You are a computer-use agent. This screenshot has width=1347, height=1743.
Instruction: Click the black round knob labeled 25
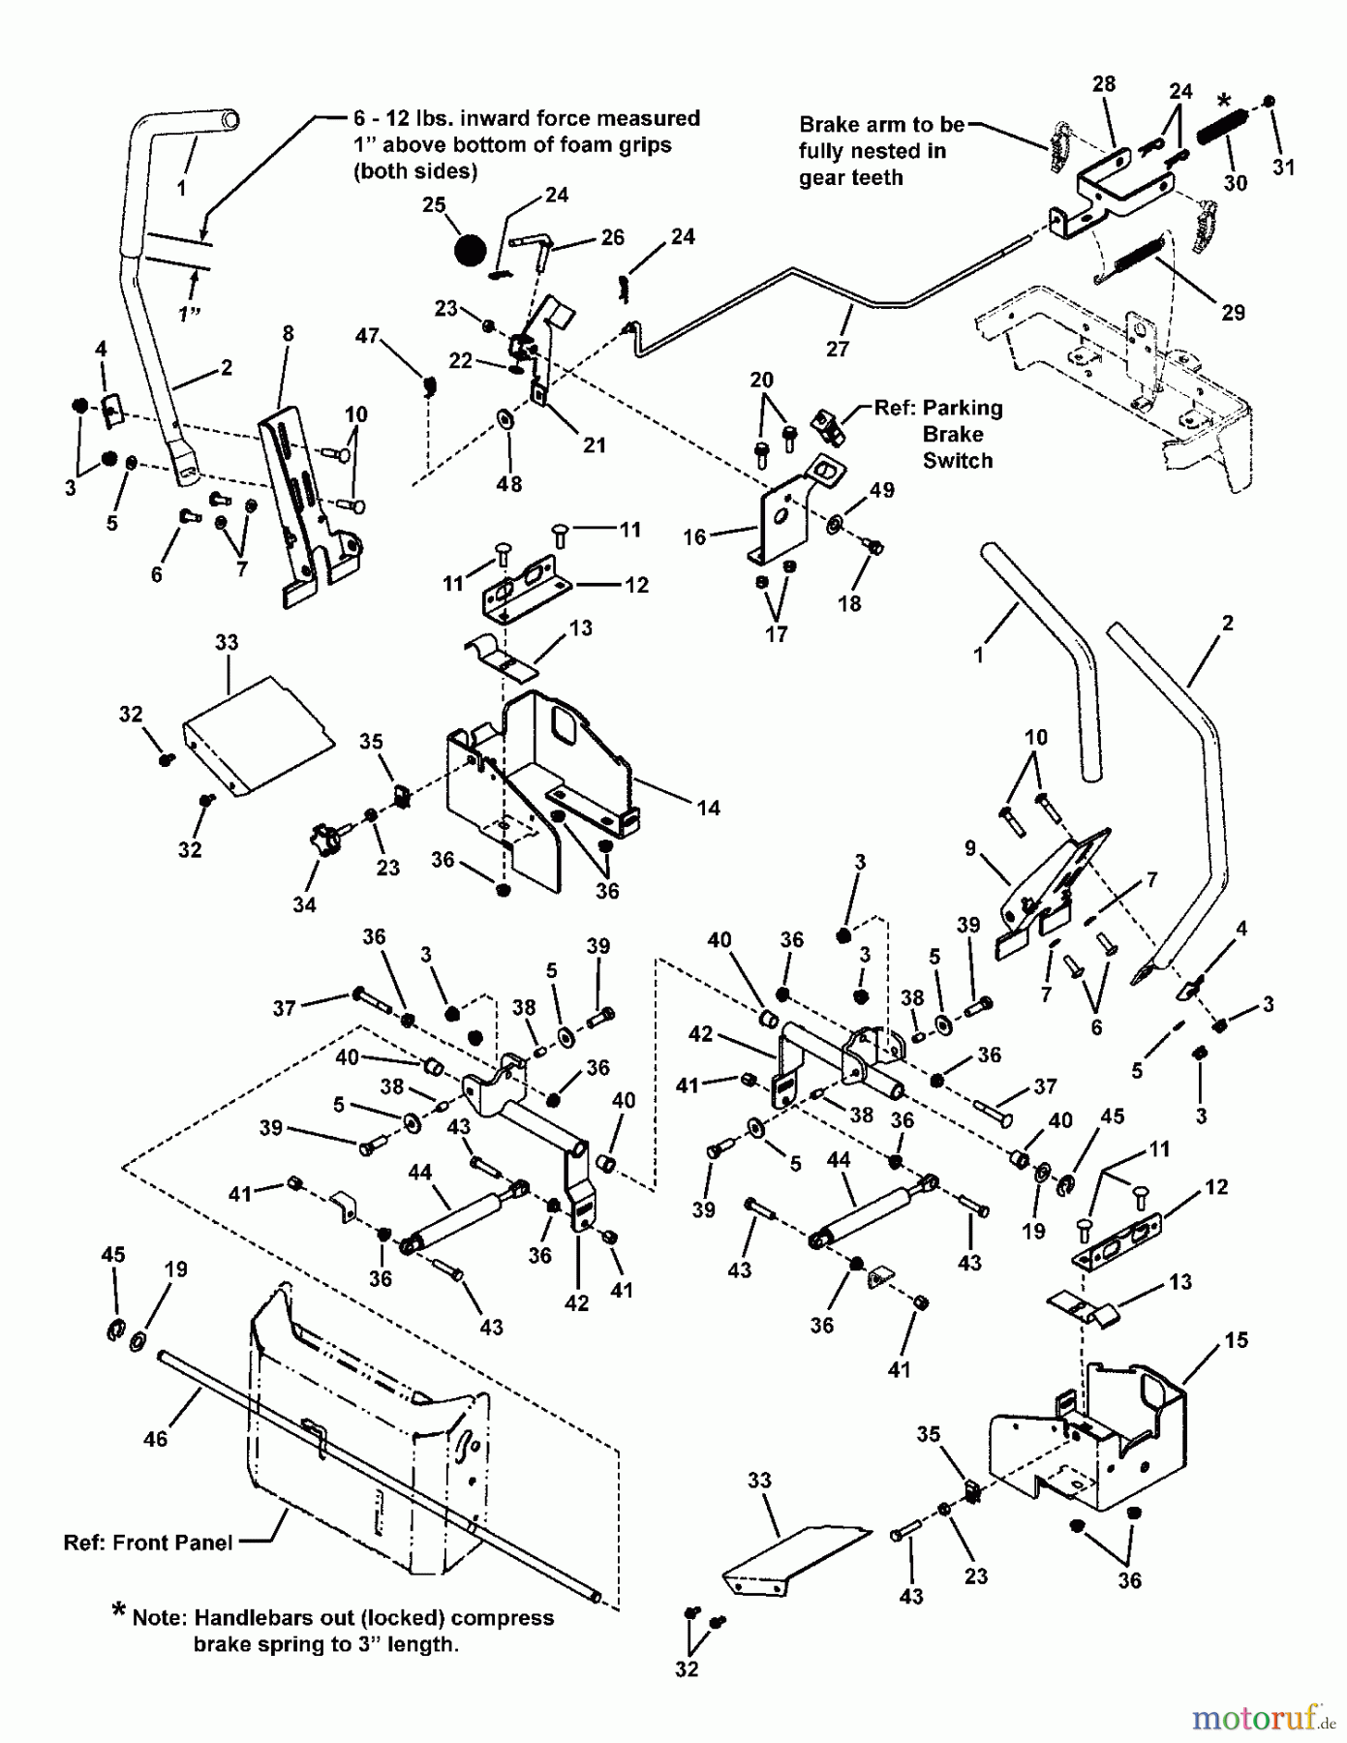[470, 249]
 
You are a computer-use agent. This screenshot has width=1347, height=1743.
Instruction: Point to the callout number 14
[709, 808]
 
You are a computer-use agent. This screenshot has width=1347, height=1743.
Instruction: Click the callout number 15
[1236, 1341]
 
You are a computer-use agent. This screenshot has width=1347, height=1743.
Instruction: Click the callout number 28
[1104, 84]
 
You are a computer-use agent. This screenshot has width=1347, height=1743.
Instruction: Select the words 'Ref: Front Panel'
[148, 1543]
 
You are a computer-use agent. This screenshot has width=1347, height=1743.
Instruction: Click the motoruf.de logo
[1260, 1719]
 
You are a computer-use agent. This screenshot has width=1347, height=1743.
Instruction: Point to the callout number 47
[367, 336]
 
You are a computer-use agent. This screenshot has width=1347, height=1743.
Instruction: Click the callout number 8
[288, 334]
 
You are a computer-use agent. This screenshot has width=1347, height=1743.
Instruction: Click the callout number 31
[1283, 167]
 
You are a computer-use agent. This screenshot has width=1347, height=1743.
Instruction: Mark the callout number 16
[693, 536]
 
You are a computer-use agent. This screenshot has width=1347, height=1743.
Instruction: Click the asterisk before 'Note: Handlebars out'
[118, 1610]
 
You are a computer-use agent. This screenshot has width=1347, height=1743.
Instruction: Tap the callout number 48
[508, 483]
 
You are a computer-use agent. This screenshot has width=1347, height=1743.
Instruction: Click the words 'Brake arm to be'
[881, 125]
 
